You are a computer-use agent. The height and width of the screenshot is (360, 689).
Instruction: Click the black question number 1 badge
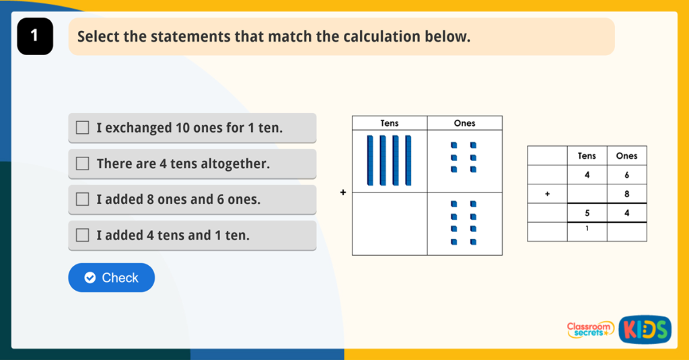click(36, 36)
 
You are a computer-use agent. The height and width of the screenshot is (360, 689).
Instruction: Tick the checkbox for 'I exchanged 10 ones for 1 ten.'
click(82, 128)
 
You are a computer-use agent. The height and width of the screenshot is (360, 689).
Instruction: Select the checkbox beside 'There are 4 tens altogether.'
click(82, 164)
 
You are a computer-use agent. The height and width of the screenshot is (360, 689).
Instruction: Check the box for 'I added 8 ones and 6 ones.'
click(82, 200)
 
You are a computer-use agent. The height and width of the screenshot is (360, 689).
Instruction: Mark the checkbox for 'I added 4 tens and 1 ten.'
click(82, 236)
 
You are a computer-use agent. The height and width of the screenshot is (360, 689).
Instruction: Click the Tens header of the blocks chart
click(390, 123)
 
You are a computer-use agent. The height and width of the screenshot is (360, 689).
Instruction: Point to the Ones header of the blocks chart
click(464, 123)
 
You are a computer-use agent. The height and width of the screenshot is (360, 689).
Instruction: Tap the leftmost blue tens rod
click(369, 160)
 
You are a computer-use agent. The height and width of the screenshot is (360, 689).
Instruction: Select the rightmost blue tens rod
click(408, 160)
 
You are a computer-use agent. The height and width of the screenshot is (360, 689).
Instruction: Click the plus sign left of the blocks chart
click(342, 192)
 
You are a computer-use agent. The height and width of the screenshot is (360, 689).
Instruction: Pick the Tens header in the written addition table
click(587, 156)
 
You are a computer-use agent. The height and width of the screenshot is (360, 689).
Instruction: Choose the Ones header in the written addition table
click(626, 156)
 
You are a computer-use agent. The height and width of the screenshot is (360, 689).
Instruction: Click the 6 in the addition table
click(626, 174)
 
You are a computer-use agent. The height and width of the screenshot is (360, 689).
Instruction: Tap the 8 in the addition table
click(626, 194)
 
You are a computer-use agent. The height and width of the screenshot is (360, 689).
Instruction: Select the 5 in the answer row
click(587, 213)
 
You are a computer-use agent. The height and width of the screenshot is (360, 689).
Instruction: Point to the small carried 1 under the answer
click(587, 228)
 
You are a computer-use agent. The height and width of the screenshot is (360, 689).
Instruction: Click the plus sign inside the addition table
click(547, 194)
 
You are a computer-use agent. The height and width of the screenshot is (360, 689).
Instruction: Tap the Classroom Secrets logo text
click(589, 329)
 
